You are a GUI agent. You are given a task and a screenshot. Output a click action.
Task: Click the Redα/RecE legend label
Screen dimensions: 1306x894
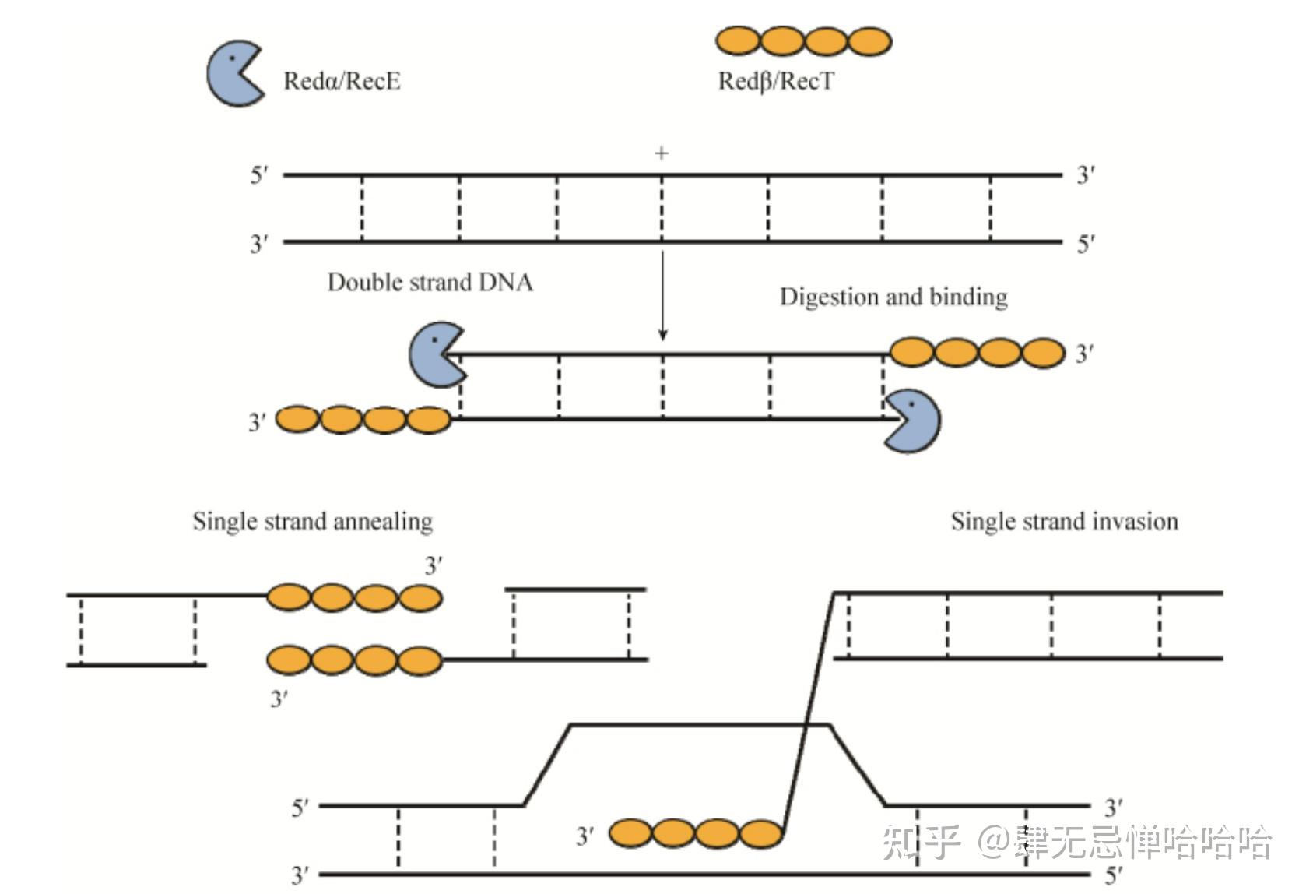point(342,81)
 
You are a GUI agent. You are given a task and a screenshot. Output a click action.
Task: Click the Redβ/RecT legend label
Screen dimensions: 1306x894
point(776,81)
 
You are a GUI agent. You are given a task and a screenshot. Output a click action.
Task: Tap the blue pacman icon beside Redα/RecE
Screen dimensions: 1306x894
point(236,73)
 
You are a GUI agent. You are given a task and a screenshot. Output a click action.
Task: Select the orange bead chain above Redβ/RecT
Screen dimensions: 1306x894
point(804,41)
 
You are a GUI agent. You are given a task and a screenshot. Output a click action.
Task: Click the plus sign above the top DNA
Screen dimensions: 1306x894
point(661,153)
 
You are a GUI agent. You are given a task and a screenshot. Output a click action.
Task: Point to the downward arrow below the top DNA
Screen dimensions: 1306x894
point(662,295)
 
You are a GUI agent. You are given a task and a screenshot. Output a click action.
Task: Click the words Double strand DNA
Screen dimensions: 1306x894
point(430,283)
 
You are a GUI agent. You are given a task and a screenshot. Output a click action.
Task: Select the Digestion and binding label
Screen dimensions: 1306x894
point(893,297)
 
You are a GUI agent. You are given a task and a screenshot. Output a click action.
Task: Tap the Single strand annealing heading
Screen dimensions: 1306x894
point(313,521)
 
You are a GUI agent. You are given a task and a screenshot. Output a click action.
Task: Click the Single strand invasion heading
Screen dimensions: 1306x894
point(1064,521)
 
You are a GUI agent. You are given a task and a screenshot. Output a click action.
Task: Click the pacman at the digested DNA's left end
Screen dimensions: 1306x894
point(437,355)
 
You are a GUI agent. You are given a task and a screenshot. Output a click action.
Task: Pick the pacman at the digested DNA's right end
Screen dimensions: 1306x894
point(912,421)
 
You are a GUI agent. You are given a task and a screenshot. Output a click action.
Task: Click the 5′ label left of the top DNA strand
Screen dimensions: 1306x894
point(259,175)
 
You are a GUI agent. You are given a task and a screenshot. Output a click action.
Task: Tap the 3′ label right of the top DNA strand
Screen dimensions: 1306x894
point(1086,175)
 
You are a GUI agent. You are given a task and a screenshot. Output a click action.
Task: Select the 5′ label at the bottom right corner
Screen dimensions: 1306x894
point(1114,875)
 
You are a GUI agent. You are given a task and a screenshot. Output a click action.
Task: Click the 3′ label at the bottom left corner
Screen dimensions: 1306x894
point(300,875)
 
